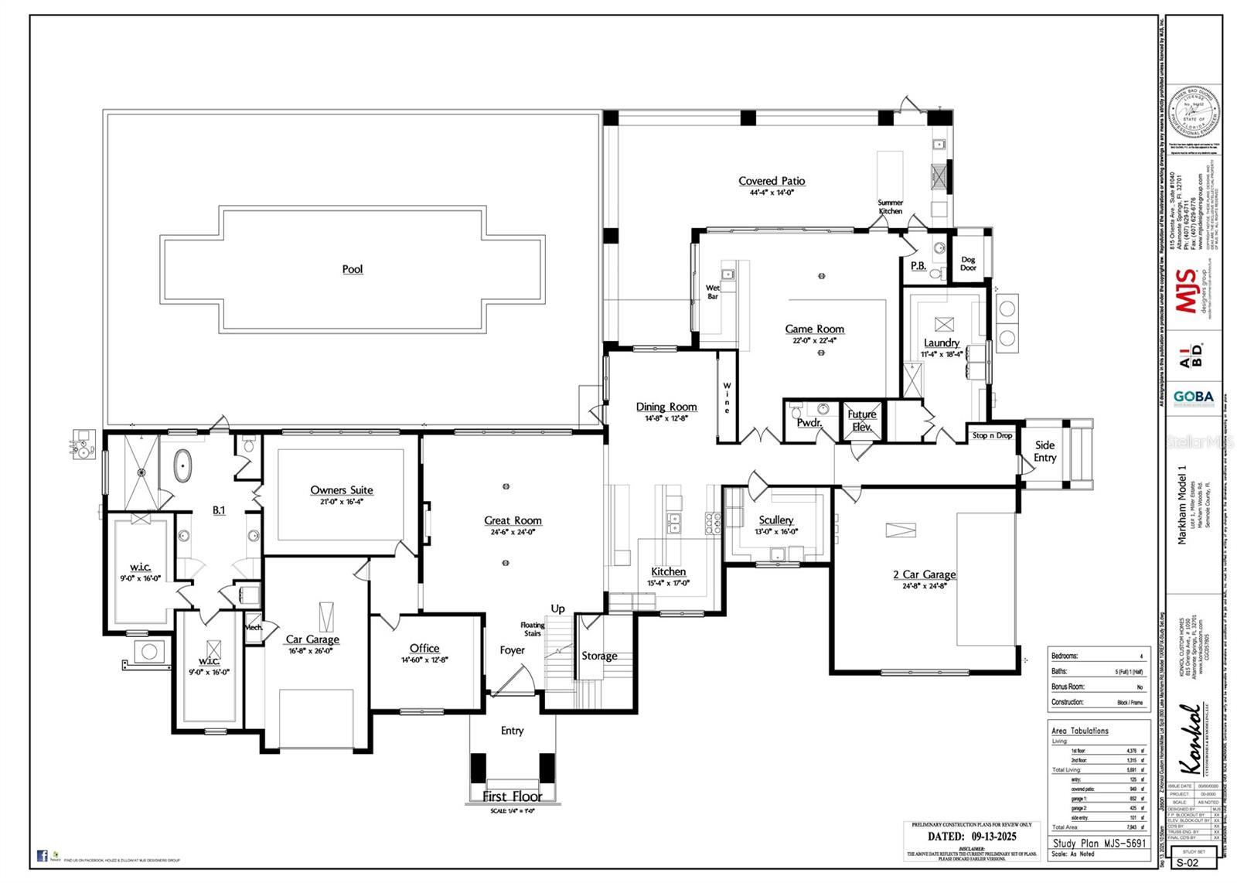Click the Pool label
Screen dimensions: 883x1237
coord(353,269)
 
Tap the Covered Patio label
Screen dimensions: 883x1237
coord(772,181)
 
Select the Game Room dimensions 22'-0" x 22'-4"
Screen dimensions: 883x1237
coord(814,340)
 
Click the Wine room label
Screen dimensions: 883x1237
coord(727,397)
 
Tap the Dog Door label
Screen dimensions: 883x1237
coord(968,264)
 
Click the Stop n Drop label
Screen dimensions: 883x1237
coord(992,435)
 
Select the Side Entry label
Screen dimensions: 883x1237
coord(1044,451)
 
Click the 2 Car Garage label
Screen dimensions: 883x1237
coord(925,574)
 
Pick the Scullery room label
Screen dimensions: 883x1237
coord(775,520)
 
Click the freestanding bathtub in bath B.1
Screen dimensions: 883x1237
coord(182,466)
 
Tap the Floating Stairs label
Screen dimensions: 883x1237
coord(533,629)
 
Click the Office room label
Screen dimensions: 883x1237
coord(424,649)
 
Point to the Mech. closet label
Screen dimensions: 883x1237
coord(254,627)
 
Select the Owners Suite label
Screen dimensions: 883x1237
coord(342,489)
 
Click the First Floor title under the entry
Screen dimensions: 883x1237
coord(512,796)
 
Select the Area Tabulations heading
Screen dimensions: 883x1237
coord(1079,731)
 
